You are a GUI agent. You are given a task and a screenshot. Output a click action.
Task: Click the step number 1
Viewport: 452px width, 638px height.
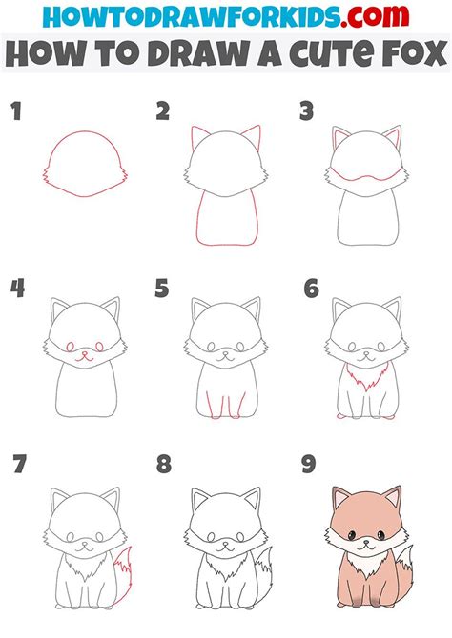(x=16, y=112)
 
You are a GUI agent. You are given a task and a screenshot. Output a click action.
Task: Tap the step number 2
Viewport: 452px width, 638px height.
(x=163, y=112)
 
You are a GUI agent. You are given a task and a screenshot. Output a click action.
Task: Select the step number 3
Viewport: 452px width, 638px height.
(x=306, y=112)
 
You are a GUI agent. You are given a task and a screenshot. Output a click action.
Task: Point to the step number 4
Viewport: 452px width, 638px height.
(x=17, y=288)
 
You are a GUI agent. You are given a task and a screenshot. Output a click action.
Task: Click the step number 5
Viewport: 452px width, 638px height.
(x=162, y=288)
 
